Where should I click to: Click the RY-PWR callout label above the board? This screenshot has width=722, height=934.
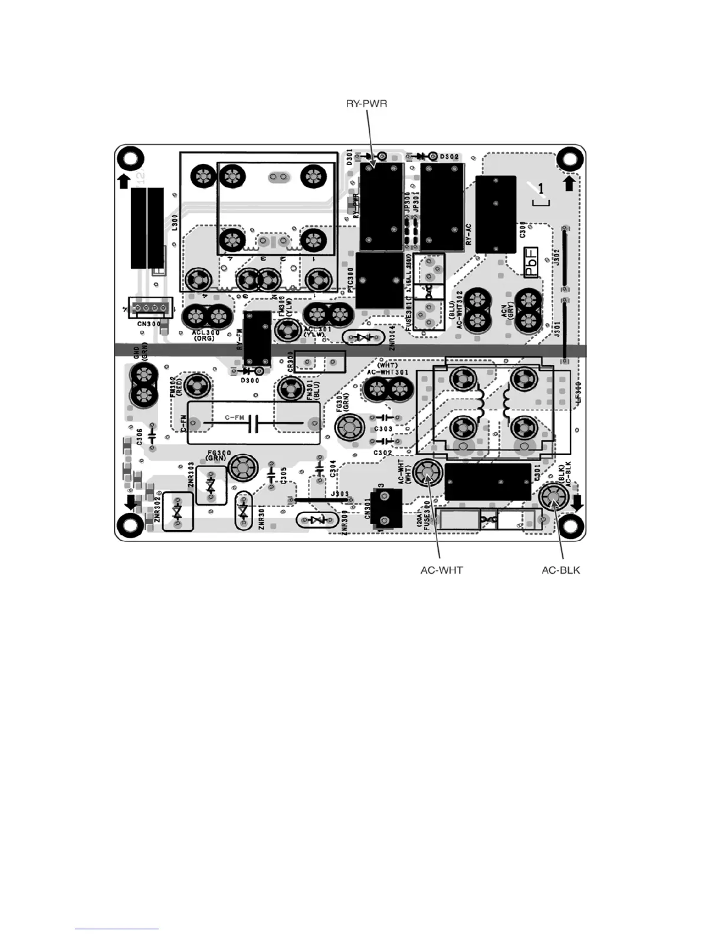pos(366,104)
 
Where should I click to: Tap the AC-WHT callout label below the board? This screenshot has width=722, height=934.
pos(441,570)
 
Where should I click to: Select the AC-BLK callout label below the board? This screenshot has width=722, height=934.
pos(560,570)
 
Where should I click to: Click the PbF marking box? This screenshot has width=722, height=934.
pos(531,262)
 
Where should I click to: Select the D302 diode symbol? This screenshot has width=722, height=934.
pos(421,156)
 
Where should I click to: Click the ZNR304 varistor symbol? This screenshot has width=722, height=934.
pos(360,337)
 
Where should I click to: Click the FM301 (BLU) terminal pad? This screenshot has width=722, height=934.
pos(291,388)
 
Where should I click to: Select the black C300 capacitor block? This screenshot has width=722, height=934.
pos(495,214)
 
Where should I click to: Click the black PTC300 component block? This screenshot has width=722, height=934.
pos(379,280)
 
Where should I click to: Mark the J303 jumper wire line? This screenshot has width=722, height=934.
pos(321,499)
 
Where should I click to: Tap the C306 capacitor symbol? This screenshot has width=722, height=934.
pos(152,437)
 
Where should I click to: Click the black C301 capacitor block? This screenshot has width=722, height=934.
pos(487,482)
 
